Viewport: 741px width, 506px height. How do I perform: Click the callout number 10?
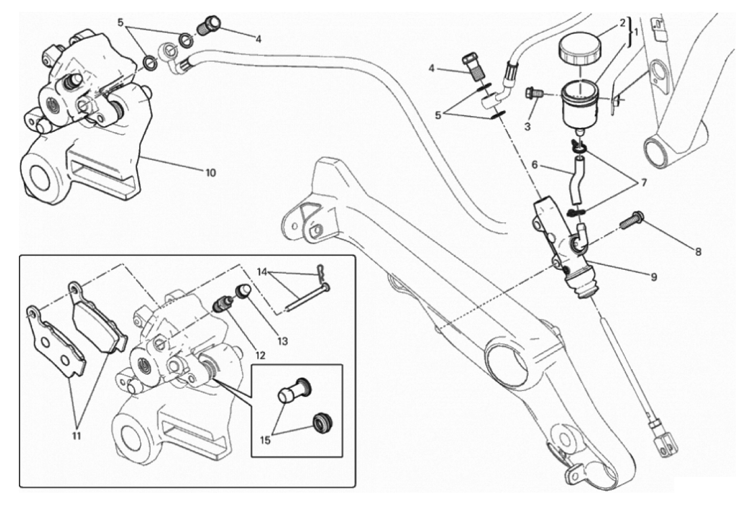pyautogui.click(x=210, y=173)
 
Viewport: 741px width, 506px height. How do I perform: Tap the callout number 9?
pyautogui.click(x=654, y=277)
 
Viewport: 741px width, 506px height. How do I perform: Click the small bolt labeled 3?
pyautogui.click(x=531, y=94)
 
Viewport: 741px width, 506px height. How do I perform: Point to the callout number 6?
pyautogui.click(x=535, y=165)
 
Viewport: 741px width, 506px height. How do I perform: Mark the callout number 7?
pyautogui.click(x=642, y=182)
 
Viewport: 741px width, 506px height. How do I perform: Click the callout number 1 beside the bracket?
pyautogui.click(x=636, y=32)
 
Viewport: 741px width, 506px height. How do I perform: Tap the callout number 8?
pyautogui.click(x=698, y=251)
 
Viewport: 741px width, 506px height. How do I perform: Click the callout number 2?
pyautogui.click(x=622, y=22)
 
